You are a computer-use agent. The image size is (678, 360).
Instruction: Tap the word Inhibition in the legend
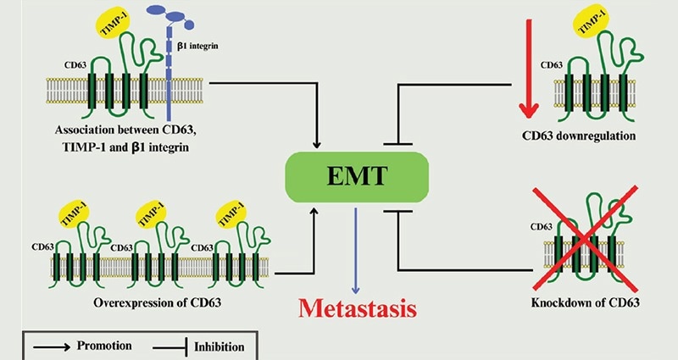click(220, 346)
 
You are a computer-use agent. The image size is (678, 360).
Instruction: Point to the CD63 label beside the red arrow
click(552, 64)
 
